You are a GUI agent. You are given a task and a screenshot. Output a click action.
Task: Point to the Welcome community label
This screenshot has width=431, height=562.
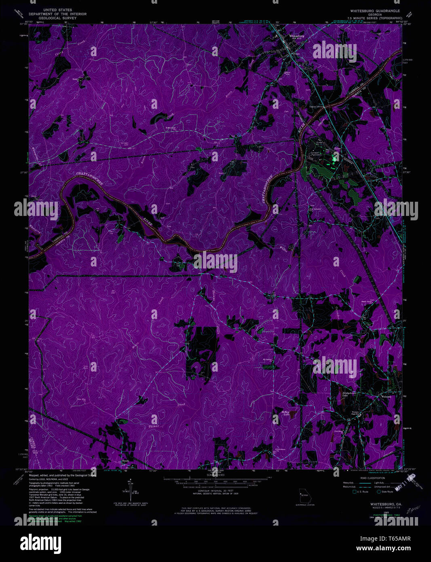(387, 396)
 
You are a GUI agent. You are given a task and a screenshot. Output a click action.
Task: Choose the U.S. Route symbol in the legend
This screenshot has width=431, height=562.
(355, 492)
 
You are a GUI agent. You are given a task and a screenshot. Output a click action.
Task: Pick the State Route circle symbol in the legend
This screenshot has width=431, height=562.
(378, 492)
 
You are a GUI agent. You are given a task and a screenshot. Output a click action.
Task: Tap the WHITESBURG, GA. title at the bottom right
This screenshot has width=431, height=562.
(386, 504)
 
